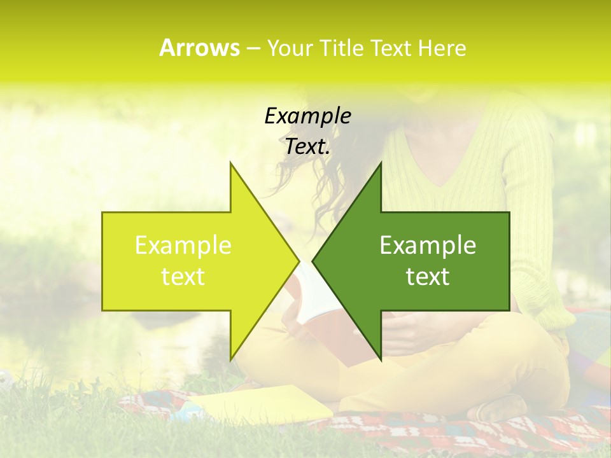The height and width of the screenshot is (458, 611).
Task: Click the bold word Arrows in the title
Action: (199, 48)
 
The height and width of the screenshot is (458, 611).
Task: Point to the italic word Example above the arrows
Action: (307, 116)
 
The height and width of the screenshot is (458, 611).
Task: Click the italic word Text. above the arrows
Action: (307, 147)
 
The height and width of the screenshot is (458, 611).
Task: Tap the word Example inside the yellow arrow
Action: (183, 245)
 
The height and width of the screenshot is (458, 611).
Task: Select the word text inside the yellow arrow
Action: (183, 276)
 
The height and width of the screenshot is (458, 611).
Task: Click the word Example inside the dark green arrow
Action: (428, 245)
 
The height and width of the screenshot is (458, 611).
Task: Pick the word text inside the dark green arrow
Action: (428, 276)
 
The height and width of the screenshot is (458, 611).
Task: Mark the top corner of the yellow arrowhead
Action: (230, 163)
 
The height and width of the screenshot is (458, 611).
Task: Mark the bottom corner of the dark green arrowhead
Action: (381, 359)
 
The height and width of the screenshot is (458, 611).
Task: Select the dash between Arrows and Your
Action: (253, 48)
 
